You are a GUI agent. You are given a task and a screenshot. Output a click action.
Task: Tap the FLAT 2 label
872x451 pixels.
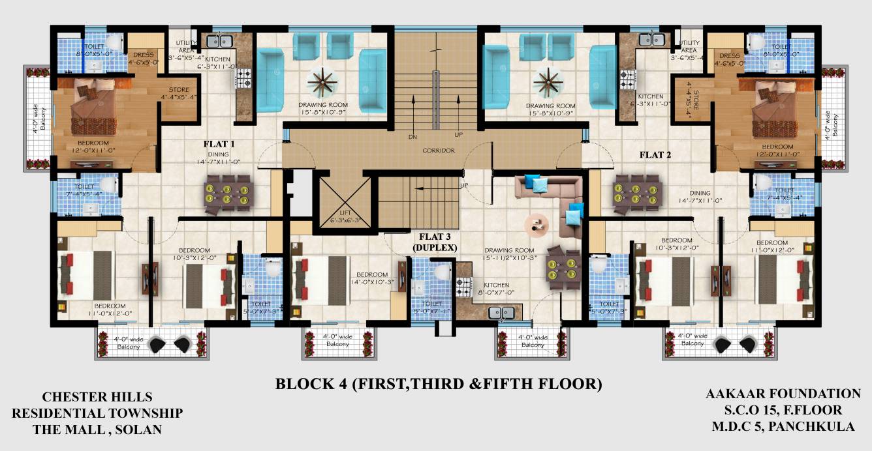(655, 155)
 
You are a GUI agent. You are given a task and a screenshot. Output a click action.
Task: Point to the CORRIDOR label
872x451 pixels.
(438, 151)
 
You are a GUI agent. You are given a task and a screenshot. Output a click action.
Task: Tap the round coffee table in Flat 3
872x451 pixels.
(537, 224)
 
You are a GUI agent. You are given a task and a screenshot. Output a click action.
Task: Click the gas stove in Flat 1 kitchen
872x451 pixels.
(243, 80)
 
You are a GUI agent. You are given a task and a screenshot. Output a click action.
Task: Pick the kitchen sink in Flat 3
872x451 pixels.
(503, 313)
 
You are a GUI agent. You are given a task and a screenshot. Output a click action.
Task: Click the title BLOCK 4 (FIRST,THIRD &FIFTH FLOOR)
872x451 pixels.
(438, 384)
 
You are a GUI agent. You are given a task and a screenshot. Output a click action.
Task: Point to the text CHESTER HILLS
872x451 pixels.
(97, 396)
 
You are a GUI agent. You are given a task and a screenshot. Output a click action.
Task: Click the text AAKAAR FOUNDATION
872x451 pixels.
(783, 394)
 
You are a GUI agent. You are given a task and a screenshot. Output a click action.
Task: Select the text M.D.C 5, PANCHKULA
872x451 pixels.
(783, 427)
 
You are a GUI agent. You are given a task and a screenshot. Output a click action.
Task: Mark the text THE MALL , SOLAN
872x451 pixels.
(97, 429)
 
